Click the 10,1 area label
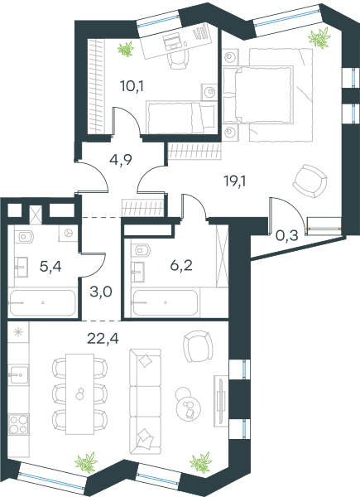132,86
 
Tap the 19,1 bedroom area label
234,181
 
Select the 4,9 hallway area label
120,160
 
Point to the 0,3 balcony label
287,236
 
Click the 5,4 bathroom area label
50,267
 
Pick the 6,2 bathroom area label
181,266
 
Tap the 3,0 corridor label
101,292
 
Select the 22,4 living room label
103,339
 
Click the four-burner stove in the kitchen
18,424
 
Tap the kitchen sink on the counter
18,374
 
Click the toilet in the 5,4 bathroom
24,236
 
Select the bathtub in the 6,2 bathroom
165,302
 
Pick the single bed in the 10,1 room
180,118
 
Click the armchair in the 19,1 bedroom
310,181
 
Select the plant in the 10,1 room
126,49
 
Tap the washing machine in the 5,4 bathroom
68,234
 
